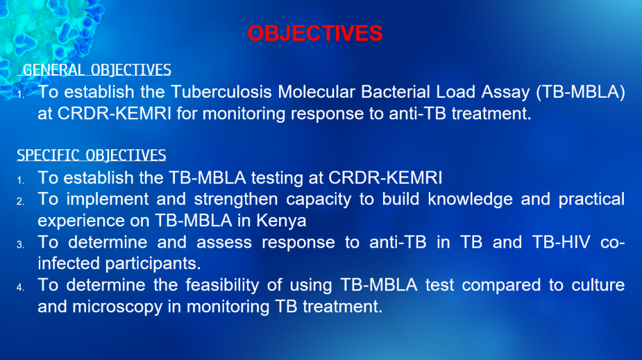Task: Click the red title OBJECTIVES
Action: point(315,33)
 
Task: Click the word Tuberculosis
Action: point(221,92)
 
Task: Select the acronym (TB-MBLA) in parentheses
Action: point(581,93)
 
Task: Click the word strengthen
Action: point(236,199)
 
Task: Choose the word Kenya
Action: point(282,221)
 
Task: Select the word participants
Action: point(153,264)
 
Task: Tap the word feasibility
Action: point(223,285)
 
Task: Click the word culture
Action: point(598,285)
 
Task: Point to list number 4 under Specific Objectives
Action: point(21,287)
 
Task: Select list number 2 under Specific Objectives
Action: point(21,201)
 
